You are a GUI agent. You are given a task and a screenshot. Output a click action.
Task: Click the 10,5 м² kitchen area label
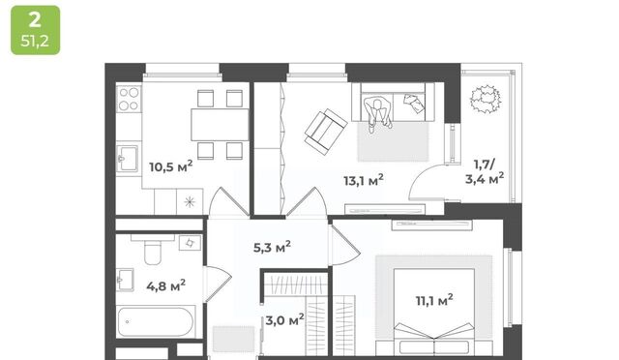tap(171, 166)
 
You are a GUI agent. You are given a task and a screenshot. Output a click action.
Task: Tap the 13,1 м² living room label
tap(364, 180)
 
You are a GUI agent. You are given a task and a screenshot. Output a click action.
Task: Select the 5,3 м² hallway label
tap(272, 248)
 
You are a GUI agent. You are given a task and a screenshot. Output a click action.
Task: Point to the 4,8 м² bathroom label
tap(165, 285)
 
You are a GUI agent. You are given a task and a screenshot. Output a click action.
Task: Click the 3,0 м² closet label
tap(284, 319)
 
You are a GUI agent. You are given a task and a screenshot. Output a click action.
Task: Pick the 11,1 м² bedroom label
tap(434, 300)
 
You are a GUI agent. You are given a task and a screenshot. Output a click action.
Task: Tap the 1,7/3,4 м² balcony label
tap(485, 171)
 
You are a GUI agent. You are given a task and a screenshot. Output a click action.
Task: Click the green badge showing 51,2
tap(36, 30)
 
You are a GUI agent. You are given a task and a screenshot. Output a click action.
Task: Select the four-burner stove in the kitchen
tap(129, 99)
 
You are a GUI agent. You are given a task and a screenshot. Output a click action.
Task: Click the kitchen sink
tap(127, 159)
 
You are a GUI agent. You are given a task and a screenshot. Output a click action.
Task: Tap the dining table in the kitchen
tap(220, 125)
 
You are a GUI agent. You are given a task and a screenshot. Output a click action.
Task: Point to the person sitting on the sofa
tap(378, 114)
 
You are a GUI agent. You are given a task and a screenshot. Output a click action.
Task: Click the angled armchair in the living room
tap(326, 132)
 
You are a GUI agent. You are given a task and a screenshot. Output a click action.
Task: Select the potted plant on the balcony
tap(486, 100)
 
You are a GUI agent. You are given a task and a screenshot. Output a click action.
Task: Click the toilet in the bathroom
tap(153, 250)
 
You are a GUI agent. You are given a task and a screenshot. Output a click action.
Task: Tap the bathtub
tap(156, 321)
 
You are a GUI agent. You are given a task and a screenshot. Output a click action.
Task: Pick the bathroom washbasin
tap(125, 280)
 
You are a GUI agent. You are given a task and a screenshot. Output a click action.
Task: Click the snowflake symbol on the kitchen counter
tap(190, 202)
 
